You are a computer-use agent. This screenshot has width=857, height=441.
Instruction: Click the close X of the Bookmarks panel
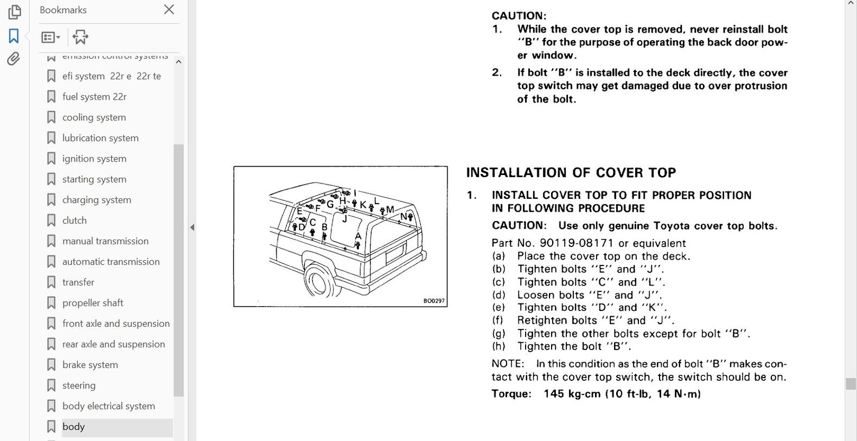point(169,10)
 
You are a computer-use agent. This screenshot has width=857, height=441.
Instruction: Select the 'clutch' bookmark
point(74,220)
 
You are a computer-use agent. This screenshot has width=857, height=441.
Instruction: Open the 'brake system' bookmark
point(90,365)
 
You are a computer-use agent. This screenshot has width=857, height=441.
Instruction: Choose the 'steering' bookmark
point(79,386)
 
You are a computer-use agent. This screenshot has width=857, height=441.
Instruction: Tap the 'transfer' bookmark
point(78,282)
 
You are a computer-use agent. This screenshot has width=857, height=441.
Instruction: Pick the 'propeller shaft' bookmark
point(93,303)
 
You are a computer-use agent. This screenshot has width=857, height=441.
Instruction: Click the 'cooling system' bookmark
point(94,118)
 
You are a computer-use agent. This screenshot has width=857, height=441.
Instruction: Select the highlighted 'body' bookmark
point(73,427)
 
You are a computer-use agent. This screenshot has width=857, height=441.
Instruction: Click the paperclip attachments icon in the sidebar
point(14,59)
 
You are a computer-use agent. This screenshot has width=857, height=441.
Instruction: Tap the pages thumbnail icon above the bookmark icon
point(15,12)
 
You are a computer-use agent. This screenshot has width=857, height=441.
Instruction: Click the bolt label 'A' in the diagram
point(358,236)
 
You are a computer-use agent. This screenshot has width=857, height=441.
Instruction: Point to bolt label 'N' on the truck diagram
point(403,217)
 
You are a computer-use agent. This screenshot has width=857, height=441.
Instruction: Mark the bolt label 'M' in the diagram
point(390,210)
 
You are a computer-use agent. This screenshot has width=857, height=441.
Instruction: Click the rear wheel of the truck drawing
point(318,281)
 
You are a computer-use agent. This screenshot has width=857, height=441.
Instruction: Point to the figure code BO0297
point(434,301)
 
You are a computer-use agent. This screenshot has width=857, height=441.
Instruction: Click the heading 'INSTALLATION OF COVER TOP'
point(571,173)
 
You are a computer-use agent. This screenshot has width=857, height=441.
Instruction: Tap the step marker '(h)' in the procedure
point(498,346)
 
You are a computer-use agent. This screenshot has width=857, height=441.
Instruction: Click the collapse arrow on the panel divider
point(192,228)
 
